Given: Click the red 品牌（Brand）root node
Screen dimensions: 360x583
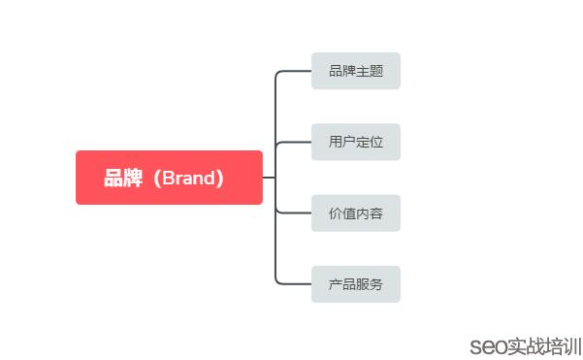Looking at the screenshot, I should pyautogui.click(x=169, y=178).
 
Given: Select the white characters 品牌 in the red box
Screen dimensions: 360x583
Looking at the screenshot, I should pyautogui.click(x=122, y=179).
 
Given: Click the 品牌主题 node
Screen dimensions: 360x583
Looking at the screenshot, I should pyautogui.click(x=355, y=71).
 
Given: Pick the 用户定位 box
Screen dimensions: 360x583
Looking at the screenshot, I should pyautogui.click(x=355, y=142).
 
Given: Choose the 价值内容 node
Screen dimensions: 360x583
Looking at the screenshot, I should pyautogui.click(x=355, y=213).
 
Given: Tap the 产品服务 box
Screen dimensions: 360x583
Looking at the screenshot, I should pyautogui.click(x=355, y=284).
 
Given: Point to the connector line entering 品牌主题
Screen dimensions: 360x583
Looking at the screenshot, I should pyautogui.click(x=294, y=71).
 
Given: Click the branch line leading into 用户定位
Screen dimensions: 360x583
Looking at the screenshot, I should pyautogui.click(x=294, y=142).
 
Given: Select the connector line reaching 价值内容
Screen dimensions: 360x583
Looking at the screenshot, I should pyautogui.click(x=294, y=213).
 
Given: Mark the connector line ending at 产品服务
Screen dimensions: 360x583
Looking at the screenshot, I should pyautogui.click(x=294, y=283).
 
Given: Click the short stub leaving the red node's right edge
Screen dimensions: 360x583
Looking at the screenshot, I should pyautogui.click(x=269, y=178).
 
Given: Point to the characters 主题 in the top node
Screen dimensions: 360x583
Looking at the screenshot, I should pyautogui.click(x=369, y=71).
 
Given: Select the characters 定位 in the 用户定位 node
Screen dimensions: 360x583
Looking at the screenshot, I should pyautogui.click(x=369, y=142).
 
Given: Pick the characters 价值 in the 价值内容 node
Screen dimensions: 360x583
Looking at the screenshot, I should pyautogui.click(x=341, y=213).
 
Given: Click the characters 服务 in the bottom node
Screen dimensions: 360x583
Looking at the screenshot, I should pyautogui.click(x=369, y=284).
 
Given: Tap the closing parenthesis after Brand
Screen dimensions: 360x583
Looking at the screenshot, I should pyautogui.click(x=222, y=179).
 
